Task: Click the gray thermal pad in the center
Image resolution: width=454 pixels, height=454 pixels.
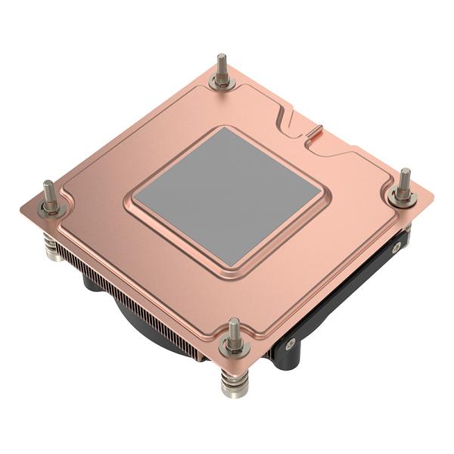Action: (x=227, y=194)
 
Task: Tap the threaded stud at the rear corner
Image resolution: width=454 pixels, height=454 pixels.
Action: (x=222, y=67)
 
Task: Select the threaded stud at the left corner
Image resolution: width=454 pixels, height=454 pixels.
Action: (x=49, y=193)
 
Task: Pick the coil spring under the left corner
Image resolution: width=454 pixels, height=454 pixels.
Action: (x=49, y=246)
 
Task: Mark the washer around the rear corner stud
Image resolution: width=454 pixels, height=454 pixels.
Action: (x=222, y=81)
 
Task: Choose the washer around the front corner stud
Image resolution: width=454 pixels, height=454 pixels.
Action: (x=234, y=347)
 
